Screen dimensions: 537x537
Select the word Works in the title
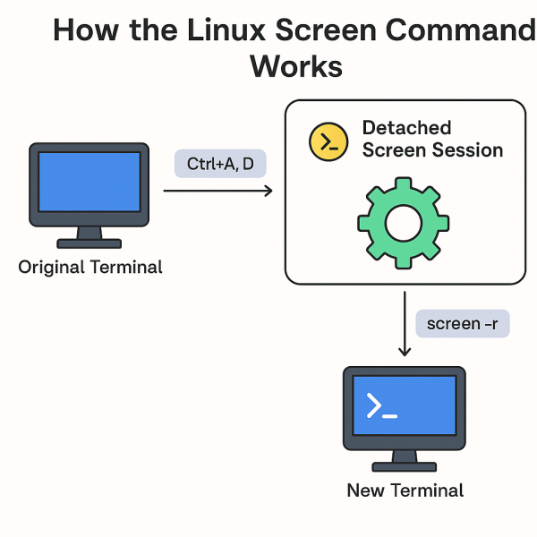click(x=296, y=67)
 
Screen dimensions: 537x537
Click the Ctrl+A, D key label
click(x=220, y=164)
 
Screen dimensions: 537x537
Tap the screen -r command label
click(x=463, y=323)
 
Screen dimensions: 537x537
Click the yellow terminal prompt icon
click(x=328, y=142)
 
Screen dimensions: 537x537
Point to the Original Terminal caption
click(x=90, y=267)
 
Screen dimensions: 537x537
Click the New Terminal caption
click(x=405, y=490)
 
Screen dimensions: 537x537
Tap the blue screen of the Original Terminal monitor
click(x=89, y=183)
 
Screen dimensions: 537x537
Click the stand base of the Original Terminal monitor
click(x=89, y=243)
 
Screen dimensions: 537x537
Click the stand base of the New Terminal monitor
click(x=405, y=466)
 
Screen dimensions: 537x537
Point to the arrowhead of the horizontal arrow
click(x=268, y=191)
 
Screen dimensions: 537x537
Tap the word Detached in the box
click(x=406, y=128)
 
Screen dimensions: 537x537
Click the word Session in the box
click(x=467, y=150)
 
